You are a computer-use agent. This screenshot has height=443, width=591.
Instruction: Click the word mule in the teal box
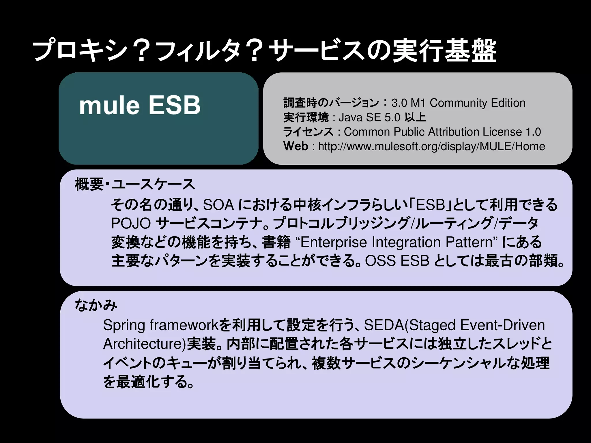[x=109, y=105]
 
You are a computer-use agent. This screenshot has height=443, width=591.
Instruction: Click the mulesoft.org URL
[x=431, y=147]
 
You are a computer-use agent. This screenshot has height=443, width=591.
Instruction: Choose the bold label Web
[x=296, y=146]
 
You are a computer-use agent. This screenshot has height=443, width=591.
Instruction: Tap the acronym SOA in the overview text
[x=218, y=205]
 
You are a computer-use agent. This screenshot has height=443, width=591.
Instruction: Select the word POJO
[x=131, y=224]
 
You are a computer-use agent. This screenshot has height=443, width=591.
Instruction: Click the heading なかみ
[x=96, y=305]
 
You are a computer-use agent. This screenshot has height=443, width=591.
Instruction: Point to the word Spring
[x=124, y=325]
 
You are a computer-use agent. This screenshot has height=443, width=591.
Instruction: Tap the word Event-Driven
[x=502, y=325]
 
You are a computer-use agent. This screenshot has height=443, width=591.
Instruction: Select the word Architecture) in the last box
[x=145, y=344]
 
